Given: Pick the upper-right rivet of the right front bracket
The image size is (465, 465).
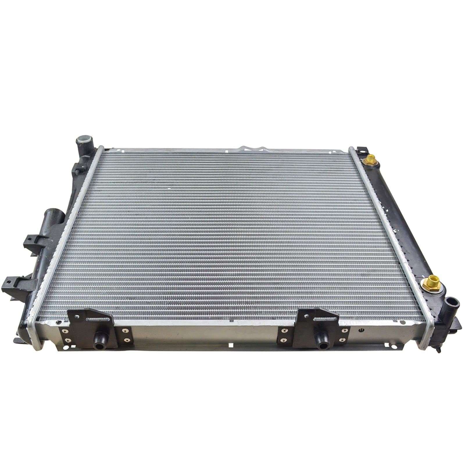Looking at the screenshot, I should tap(344, 330).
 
